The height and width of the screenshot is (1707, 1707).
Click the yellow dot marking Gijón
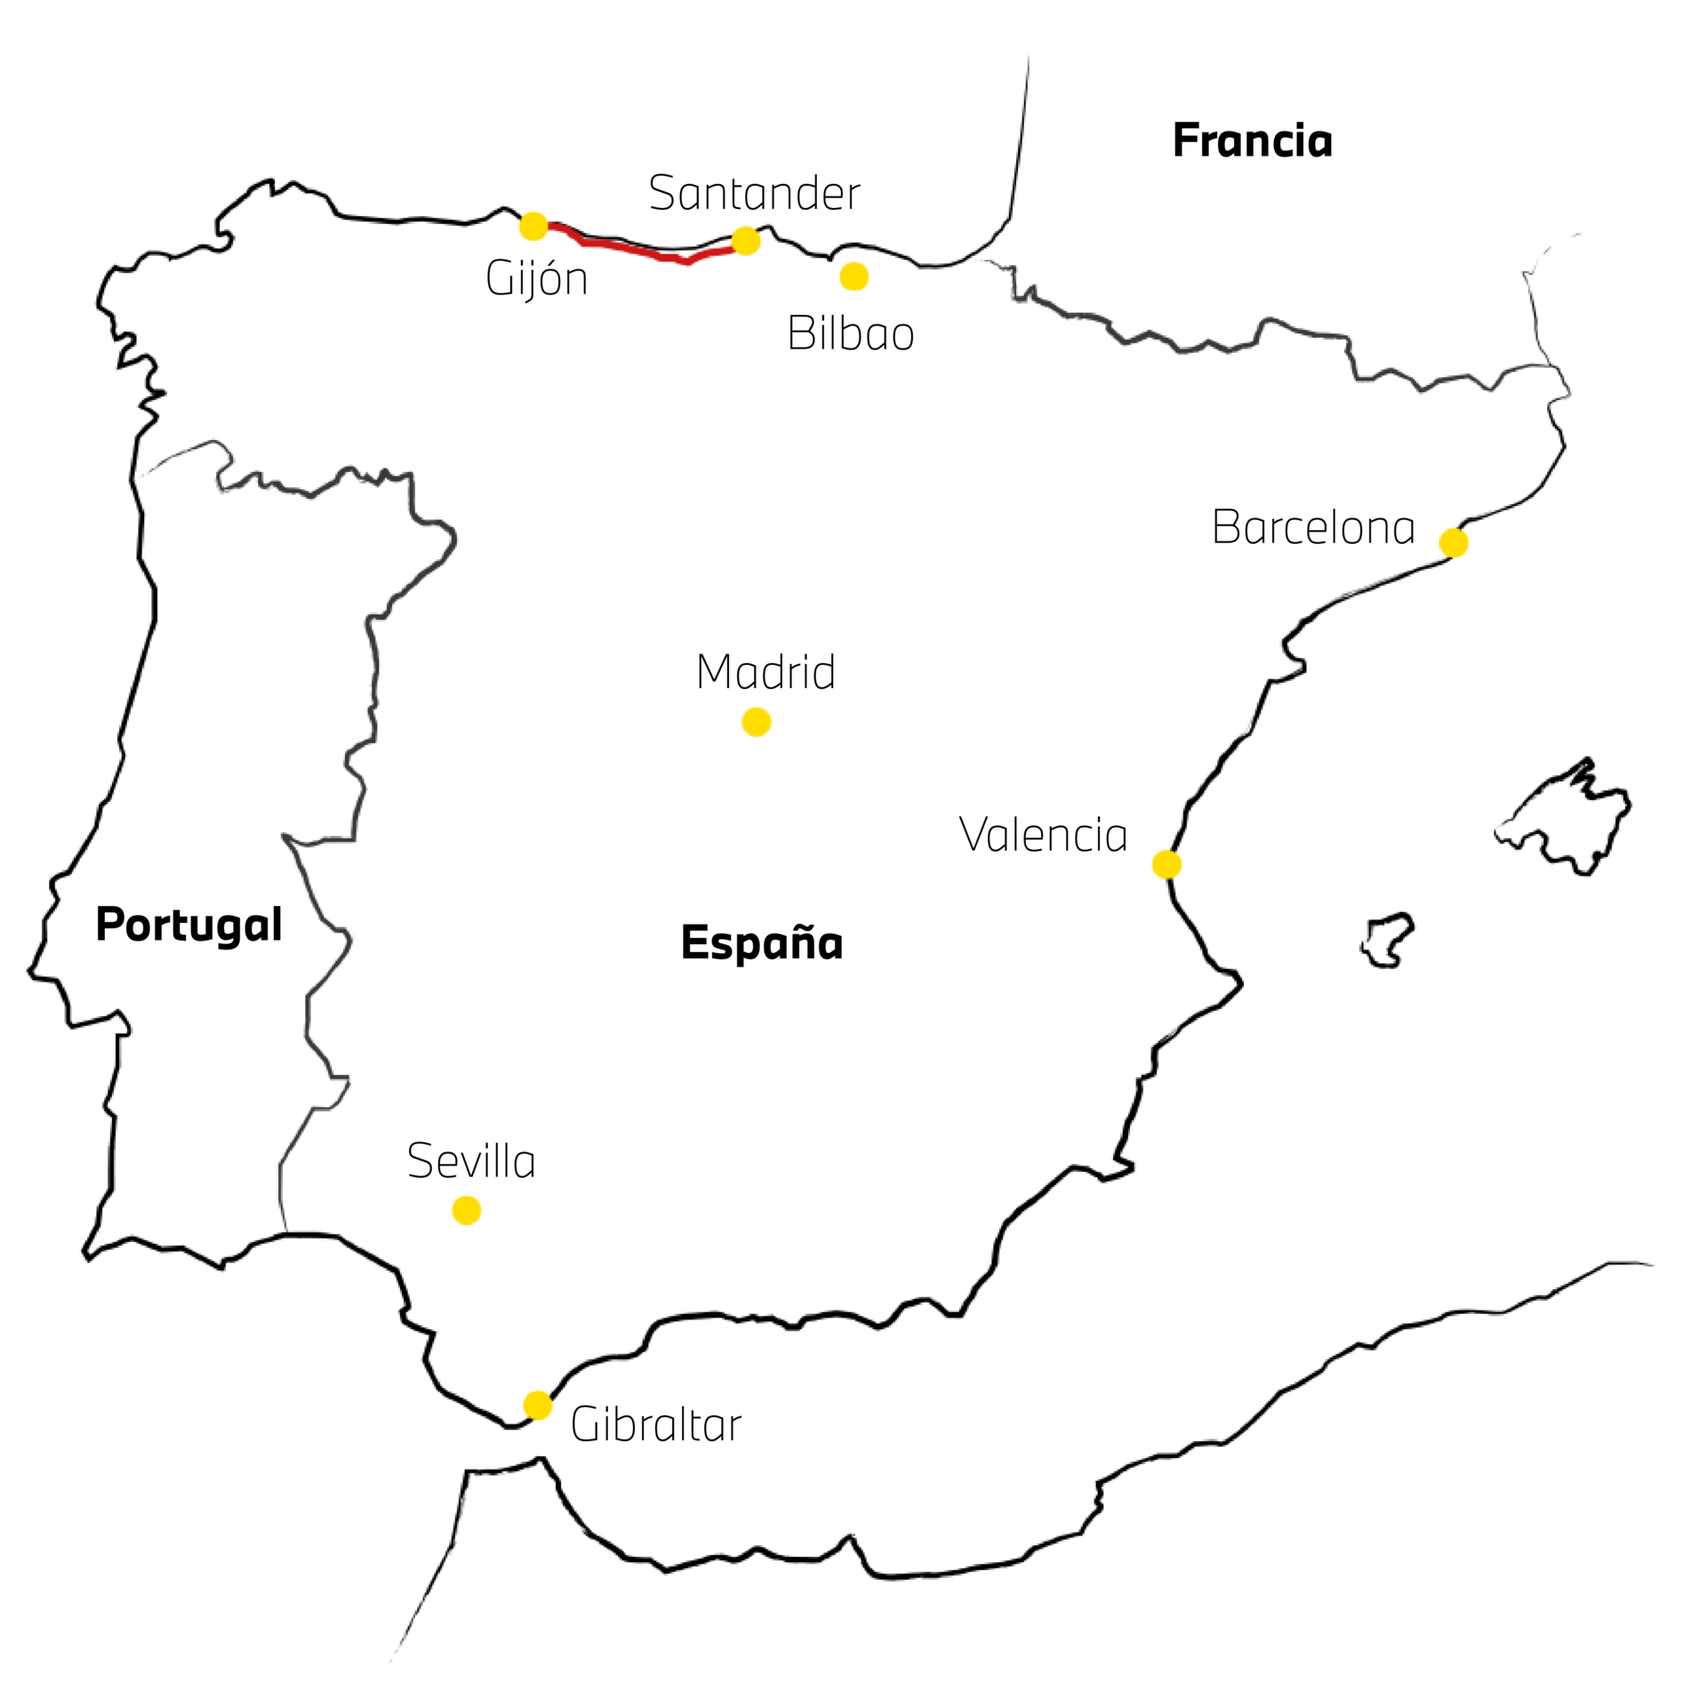(533, 226)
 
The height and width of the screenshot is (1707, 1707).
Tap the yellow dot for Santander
(746, 240)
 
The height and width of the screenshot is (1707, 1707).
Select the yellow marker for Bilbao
(853, 276)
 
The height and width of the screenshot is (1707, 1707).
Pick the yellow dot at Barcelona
(1454, 542)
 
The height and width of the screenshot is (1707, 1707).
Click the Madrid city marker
(756, 722)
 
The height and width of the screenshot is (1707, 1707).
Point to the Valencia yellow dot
(1166, 864)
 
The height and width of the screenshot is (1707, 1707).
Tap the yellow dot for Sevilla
(467, 1210)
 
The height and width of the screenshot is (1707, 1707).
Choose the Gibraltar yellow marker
(538, 1406)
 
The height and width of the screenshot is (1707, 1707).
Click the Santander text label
(755, 193)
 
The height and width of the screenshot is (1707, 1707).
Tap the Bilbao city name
(851, 333)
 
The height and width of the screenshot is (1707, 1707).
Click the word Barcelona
(1313, 526)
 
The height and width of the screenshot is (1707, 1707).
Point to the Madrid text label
(765, 671)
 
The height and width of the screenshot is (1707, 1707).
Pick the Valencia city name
(1043, 835)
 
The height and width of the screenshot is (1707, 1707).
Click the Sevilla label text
(471, 1160)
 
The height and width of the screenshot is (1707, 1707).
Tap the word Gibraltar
(656, 1424)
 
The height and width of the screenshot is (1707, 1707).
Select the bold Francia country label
(1253, 140)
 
